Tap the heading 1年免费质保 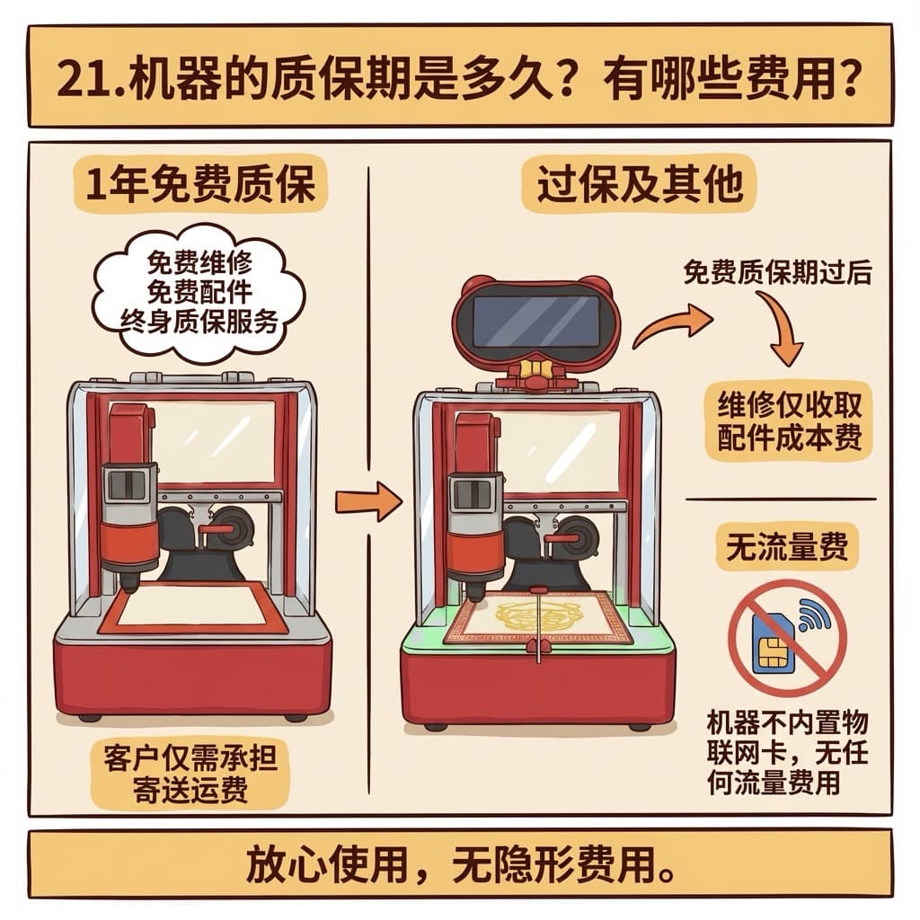pyautogui.click(x=200, y=183)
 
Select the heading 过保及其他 pyautogui.click(x=640, y=183)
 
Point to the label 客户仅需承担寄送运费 pyautogui.click(x=190, y=773)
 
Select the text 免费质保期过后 pyautogui.click(x=777, y=272)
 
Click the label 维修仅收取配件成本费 pyautogui.click(x=789, y=420)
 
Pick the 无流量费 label pyautogui.click(x=787, y=547)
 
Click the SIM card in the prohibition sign pyautogui.click(x=774, y=645)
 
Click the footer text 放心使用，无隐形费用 pyautogui.click(x=461, y=864)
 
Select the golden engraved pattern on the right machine pyautogui.click(x=535, y=618)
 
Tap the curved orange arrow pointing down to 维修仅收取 pyautogui.click(x=783, y=325)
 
